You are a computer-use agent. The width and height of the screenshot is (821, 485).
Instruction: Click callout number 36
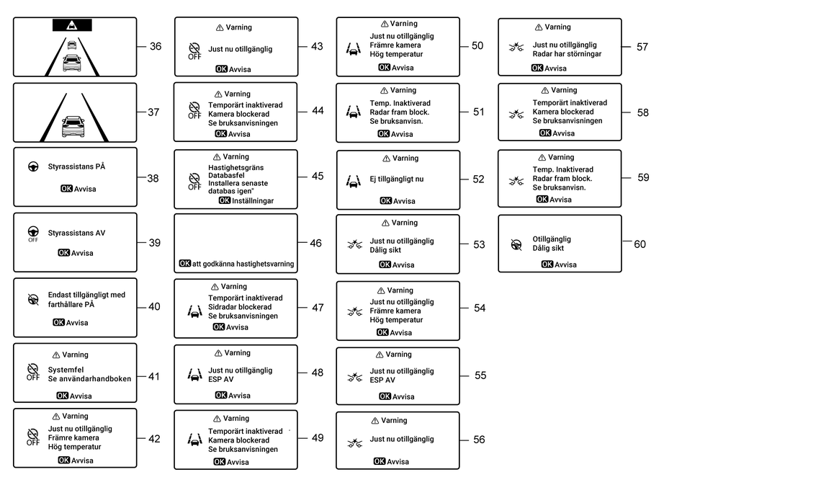click(156, 46)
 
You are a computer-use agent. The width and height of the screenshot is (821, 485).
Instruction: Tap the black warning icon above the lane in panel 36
click(72, 25)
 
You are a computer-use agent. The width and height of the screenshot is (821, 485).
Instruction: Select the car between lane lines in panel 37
click(73, 126)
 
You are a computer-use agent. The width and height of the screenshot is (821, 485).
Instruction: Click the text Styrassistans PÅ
click(76, 166)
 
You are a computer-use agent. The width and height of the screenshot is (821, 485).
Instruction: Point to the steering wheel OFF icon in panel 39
click(33, 233)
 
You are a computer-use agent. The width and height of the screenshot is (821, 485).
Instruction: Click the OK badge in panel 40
click(58, 323)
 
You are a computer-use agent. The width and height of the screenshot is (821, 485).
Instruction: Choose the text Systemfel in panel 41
click(66, 370)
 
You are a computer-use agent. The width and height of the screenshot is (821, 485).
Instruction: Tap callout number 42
click(154, 439)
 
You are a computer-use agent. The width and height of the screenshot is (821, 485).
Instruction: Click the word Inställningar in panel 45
click(253, 200)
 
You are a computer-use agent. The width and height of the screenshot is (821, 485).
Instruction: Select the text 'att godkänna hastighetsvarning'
click(243, 264)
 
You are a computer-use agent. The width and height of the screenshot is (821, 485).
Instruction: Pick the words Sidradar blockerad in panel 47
click(240, 307)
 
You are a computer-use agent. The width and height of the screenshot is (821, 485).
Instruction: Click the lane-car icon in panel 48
click(194, 375)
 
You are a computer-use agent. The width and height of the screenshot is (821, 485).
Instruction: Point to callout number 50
click(477, 45)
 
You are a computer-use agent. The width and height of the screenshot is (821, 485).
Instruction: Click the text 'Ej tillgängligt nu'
click(397, 179)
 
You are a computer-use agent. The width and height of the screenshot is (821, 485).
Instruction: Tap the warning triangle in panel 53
click(385, 223)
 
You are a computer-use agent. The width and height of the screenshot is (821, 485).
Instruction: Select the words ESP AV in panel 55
click(382, 380)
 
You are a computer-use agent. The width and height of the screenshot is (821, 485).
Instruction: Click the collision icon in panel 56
click(355, 444)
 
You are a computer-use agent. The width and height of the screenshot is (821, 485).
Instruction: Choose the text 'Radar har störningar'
click(567, 53)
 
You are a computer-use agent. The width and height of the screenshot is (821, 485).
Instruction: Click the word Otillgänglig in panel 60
click(552, 239)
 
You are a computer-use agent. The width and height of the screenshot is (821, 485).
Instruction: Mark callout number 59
click(644, 177)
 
